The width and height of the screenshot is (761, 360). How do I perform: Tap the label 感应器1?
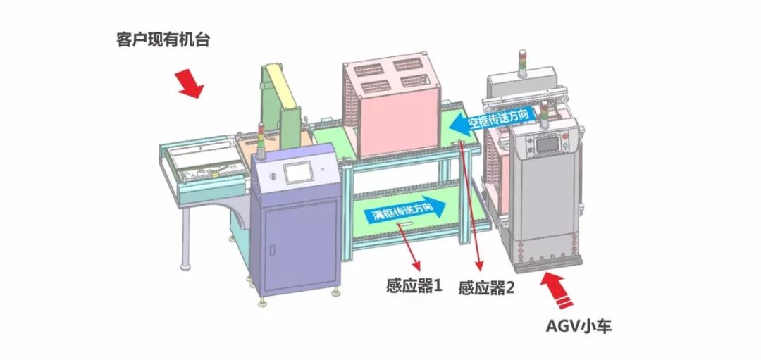click(414, 286)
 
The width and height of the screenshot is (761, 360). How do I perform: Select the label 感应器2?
click(486, 287)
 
